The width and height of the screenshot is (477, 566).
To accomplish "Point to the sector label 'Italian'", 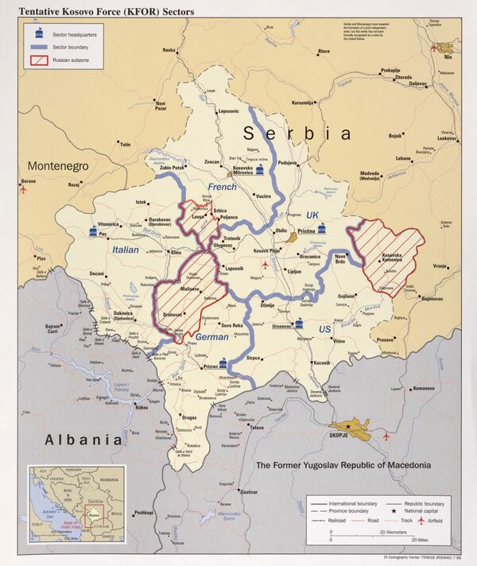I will (125, 250).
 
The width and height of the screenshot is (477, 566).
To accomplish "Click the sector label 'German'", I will (211, 337).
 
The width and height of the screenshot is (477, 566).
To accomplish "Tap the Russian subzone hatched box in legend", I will (37, 60).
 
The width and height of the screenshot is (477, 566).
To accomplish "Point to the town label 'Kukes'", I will (142, 407).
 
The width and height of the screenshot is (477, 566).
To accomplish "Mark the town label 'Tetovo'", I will (256, 428).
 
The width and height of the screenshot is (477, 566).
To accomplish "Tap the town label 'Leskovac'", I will (448, 138).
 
